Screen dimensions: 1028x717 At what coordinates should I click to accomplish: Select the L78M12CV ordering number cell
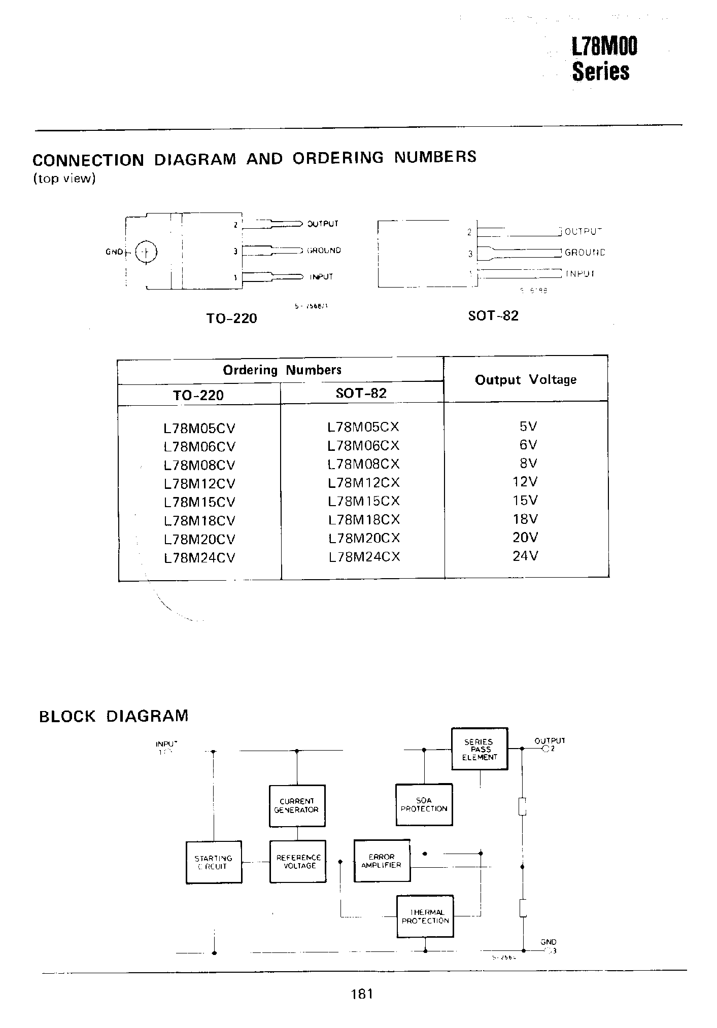pyautogui.click(x=199, y=483)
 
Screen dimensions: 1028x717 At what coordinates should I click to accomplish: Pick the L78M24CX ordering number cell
pyautogui.click(x=364, y=557)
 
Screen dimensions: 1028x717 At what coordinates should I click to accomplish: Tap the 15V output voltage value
pyautogui.click(x=525, y=501)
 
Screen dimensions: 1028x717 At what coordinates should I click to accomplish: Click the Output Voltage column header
pyautogui.click(x=525, y=379)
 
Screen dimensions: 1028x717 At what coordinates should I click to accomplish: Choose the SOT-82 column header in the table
pyautogui.click(x=361, y=393)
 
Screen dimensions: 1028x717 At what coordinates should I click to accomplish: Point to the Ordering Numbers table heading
pyautogui.click(x=282, y=370)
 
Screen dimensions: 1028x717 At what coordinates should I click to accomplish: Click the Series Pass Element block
pyautogui.click(x=480, y=749)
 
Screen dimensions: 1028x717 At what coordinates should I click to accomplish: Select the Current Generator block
pyautogui.click(x=297, y=805)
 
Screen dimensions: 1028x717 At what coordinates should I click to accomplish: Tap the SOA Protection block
pyautogui.click(x=424, y=804)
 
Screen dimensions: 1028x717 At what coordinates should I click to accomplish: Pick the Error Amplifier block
pyautogui.click(x=382, y=861)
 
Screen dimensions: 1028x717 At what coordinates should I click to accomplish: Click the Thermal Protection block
pyautogui.click(x=425, y=916)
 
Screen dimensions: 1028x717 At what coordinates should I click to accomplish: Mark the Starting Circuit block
pyautogui.click(x=214, y=862)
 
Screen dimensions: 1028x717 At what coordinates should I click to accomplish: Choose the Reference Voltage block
pyautogui.click(x=298, y=862)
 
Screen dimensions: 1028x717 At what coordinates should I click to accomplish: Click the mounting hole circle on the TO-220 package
pyautogui.click(x=146, y=252)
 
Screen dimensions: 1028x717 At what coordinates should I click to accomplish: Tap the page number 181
pyautogui.click(x=361, y=994)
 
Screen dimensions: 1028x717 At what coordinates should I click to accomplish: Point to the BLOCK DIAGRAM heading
pyautogui.click(x=114, y=716)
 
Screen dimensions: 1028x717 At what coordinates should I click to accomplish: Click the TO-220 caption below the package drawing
pyautogui.click(x=231, y=318)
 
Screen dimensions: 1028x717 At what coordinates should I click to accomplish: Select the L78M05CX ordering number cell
pyautogui.click(x=363, y=427)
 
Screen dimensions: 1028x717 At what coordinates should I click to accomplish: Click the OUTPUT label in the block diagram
pyautogui.click(x=550, y=740)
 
